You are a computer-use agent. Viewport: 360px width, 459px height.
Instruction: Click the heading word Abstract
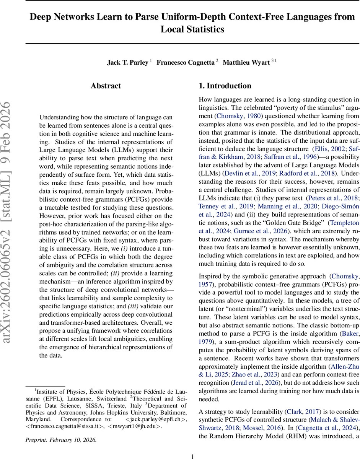click(106, 86)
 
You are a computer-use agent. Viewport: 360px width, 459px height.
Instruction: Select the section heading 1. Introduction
click(225, 86)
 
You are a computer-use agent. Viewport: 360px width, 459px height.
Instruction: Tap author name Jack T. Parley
click(127, 63)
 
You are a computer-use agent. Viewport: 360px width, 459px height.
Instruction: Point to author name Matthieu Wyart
click(246, 63)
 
